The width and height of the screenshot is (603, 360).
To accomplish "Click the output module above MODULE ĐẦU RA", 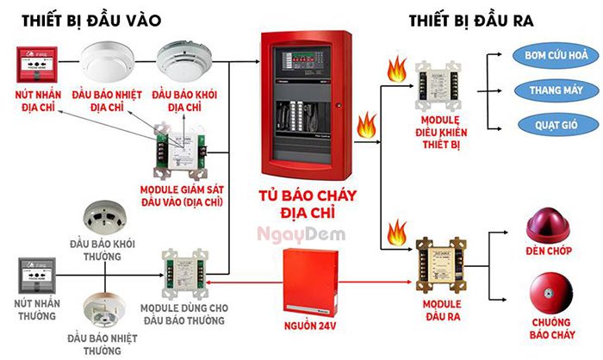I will click(440, 263).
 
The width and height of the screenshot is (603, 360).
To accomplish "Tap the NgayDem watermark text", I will click(294, 233).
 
